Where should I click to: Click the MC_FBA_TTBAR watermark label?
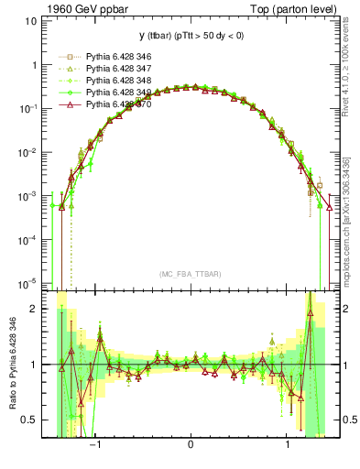click(190, 273)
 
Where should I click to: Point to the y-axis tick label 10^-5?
click(27, 283)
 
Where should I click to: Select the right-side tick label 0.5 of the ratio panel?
click(348, 420)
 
